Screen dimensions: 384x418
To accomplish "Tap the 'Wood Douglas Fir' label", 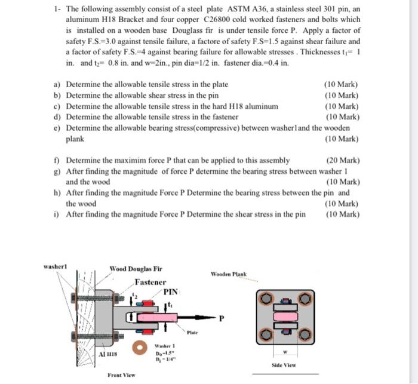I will pyautogui.click(x=136, y=269).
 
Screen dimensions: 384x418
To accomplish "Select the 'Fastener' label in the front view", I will pyautogui.click(x=150, y=282).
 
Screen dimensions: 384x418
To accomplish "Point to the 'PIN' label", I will pyautogui.click(x=171, y=292).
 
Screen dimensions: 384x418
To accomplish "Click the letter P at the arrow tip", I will pyautogui.click(x=222, y=318).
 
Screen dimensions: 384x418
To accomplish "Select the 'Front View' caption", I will pyautogui.click(x=121, y=375).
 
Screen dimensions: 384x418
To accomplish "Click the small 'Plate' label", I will pyautogui.click(x=192, y=331).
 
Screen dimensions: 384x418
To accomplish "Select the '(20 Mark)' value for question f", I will pyautogui.click(x=342, y=160).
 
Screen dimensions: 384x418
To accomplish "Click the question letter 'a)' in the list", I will pyautogui.click(x=58, y=85).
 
